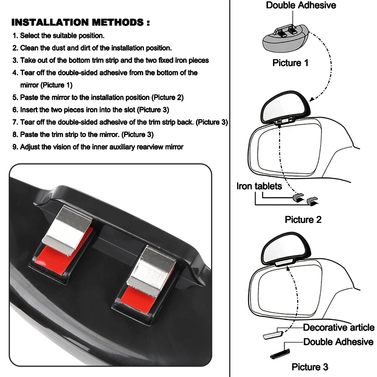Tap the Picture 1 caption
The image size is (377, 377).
click(290, 63)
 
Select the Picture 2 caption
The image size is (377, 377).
click(303, 219)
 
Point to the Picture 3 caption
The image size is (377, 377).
click(310, 366)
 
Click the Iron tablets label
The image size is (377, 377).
click(259, 186)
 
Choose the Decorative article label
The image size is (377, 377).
click(339, 327)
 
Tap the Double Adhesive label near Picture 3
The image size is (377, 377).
click(338, 342)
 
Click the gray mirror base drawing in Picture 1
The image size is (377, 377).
click(285, 40)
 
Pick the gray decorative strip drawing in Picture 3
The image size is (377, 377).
click(274, 334)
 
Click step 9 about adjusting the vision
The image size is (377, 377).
click(98, 147)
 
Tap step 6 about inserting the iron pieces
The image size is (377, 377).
click(91, 110)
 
